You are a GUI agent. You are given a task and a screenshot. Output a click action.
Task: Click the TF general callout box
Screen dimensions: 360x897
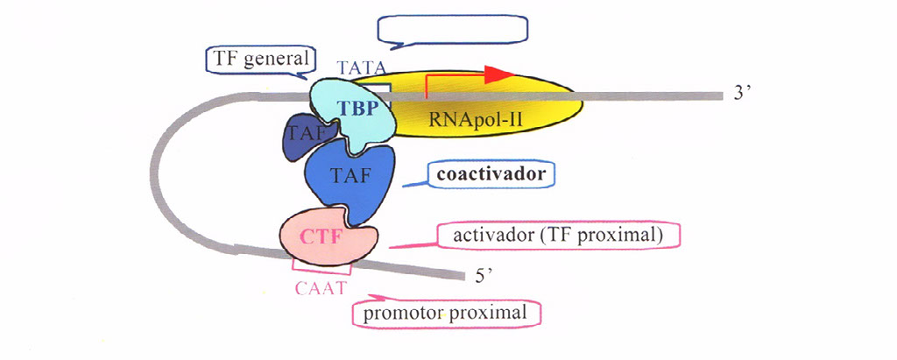[x=260, y=60]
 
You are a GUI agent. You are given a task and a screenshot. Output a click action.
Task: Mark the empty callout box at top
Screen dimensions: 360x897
[x=453, y=28]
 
